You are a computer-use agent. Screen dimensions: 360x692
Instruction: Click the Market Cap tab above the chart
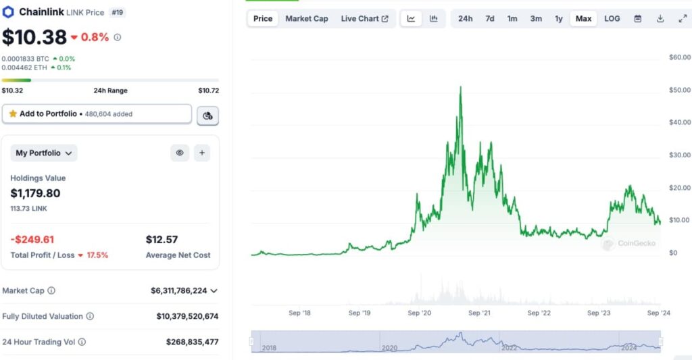(307, 18)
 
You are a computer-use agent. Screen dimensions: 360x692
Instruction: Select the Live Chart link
(364, 18)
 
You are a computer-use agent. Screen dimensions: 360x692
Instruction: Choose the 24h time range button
(466, 18)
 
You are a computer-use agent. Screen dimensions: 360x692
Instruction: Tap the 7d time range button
(490, 18)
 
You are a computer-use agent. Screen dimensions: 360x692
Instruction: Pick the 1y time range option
(559, 18)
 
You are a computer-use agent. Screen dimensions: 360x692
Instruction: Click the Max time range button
(583, 18)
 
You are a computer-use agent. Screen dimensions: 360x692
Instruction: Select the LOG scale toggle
(612, 18)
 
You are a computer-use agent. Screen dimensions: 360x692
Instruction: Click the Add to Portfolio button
(97, 114)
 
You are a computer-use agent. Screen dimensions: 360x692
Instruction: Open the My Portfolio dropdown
(44, 153)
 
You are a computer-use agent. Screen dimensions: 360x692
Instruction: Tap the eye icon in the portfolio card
(180, 153)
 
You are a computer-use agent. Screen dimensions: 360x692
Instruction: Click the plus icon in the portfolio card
(202, 153)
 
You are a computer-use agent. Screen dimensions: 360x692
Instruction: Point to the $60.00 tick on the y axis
(679, 57)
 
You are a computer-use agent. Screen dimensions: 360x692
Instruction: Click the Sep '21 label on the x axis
(479, 313)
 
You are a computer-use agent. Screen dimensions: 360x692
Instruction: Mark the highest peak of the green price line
(460, 87)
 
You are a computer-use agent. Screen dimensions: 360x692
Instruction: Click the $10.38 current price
(34, 37)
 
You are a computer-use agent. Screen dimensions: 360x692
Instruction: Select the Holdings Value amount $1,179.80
(35, 193)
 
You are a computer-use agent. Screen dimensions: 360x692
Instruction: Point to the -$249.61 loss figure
(32, 240)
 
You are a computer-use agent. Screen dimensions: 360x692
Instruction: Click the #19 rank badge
(117, 12)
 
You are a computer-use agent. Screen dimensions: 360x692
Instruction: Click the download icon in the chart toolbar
(660, 18)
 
